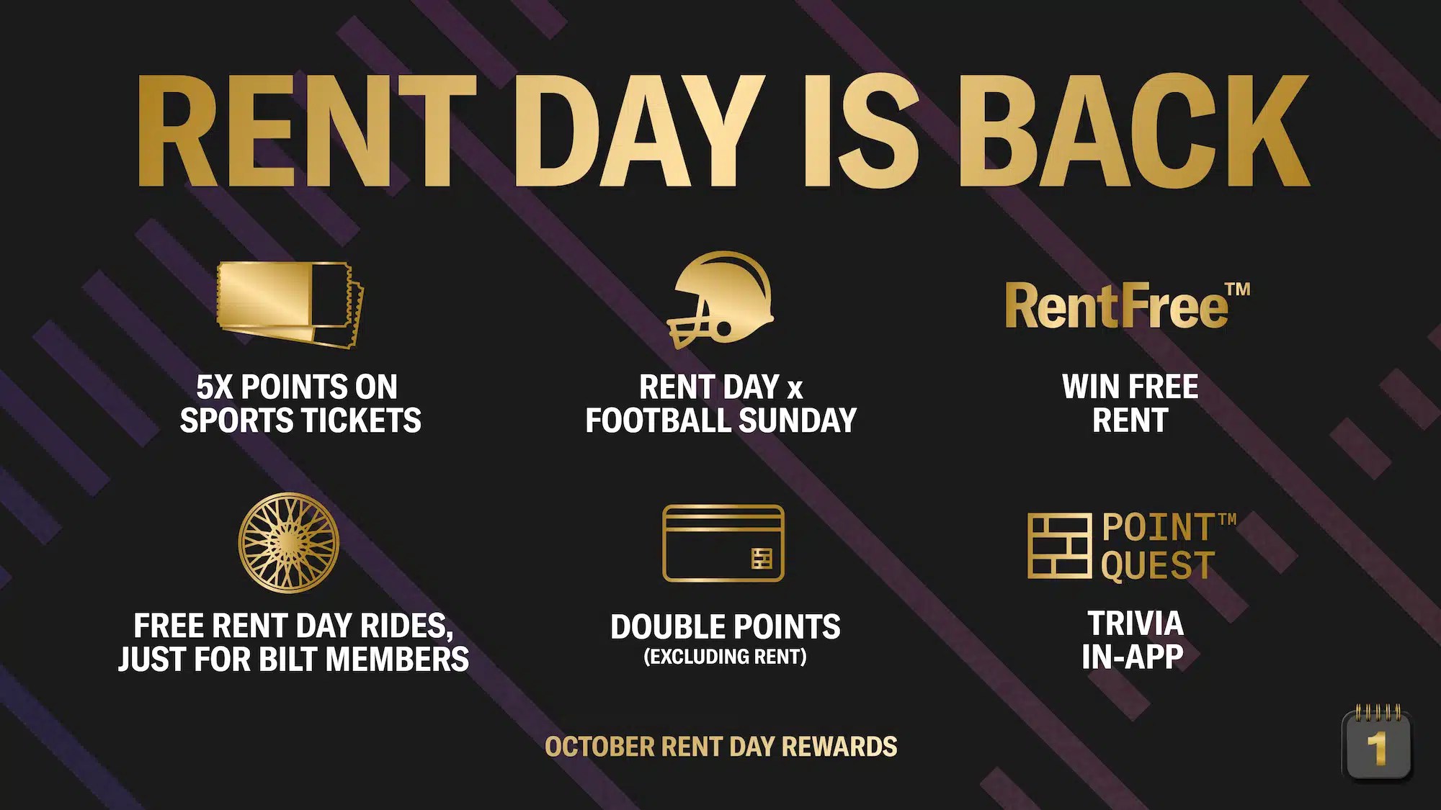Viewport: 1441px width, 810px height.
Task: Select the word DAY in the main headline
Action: coord(638,132)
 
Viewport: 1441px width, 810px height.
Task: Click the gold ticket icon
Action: coord(290,305)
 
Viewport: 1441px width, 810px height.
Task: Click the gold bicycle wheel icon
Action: coord(288,543)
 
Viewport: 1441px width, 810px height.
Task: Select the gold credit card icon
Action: coord(723,543)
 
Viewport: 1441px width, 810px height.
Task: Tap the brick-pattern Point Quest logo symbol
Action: coord(1058,546)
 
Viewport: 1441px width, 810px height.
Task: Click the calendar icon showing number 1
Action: coord(1376,746)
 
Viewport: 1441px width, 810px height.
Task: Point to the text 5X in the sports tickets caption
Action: coord(215,387)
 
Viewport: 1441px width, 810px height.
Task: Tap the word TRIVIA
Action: coord(1135,624)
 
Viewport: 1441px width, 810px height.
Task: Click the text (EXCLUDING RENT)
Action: coord(725,657)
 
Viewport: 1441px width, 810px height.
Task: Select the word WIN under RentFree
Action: coord(1088,387)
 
